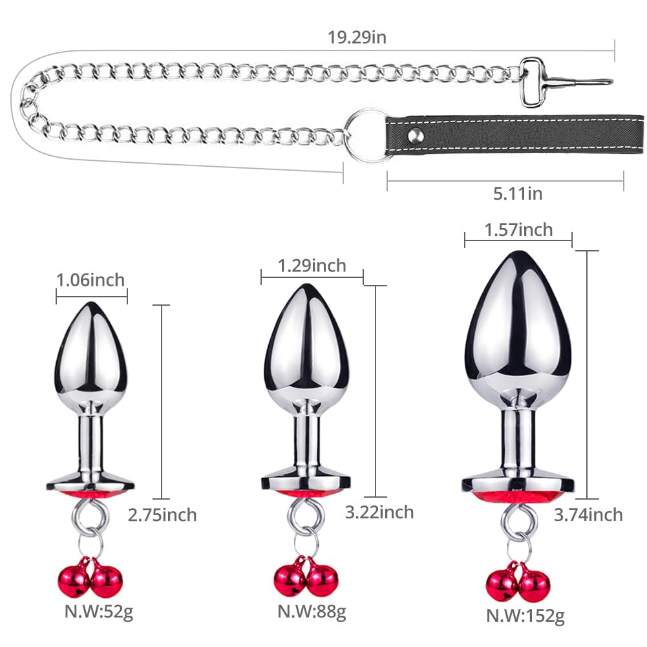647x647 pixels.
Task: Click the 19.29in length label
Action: tap(357, 37)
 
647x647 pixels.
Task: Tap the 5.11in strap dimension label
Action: tap(518, 193)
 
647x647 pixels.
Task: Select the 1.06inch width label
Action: tap(90, 280)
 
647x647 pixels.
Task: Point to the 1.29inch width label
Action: tap(312, 266)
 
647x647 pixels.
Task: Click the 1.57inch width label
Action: tap(518, 230)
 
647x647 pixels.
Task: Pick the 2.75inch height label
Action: tap(162, 515)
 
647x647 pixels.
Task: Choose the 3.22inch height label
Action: tap(379, 512)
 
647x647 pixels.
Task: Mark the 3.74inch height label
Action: tap(588, 514)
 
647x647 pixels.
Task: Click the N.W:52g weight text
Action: tap(99, 611)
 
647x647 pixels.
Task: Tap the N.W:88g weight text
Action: tap(312, 611)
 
